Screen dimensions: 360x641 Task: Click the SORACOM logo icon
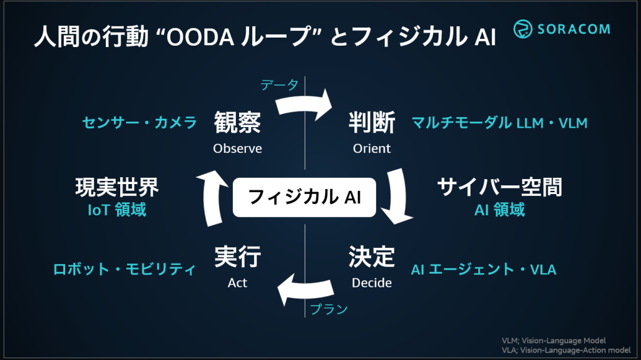coord(523,29)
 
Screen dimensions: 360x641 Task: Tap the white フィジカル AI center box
coord(304,198)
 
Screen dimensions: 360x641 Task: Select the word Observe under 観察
coord(237,149)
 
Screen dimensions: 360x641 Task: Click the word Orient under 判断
coord(372,149)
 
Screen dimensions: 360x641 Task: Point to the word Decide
coord(372,283)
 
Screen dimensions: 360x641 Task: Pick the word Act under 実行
coord(237,283)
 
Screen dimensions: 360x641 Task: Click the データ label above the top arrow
coord(279,85)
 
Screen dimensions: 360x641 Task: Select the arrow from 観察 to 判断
coord(304,103)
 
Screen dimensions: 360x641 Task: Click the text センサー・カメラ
coord(140,123)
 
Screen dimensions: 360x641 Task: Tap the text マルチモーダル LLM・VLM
coord(500,123)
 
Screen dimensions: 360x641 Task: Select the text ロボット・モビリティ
coord(125,270)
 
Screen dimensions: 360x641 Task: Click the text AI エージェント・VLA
coord(483,270)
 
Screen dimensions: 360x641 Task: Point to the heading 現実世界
coord(117,187)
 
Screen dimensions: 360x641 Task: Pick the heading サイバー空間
coord(500,187)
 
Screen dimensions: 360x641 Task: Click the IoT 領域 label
coord(117,210)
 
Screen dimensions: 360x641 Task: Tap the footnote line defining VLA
coord(566,350)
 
